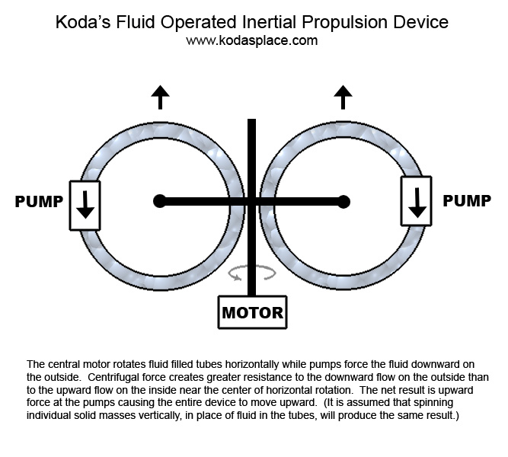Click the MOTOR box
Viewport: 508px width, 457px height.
pos(252,312)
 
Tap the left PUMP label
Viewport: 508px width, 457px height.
pos(39,202)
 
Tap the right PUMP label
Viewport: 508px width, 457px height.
pos(467,201)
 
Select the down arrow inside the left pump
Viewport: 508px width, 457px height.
pos(85,205)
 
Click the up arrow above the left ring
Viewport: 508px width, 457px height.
pos(160,97)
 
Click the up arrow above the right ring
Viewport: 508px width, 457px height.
pos(343,97)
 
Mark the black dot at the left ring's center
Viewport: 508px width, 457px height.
pos(159,201)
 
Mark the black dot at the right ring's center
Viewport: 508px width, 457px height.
pos(343,201)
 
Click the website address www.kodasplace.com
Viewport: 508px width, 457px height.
pos(251,40)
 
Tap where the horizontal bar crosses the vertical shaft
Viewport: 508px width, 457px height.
pos(251,201)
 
